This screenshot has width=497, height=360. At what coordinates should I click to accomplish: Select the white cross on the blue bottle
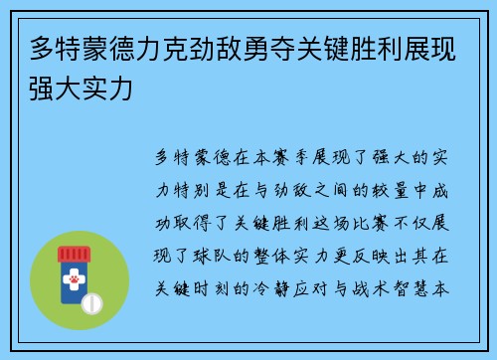pyautogui.click(x=73, y=268)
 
